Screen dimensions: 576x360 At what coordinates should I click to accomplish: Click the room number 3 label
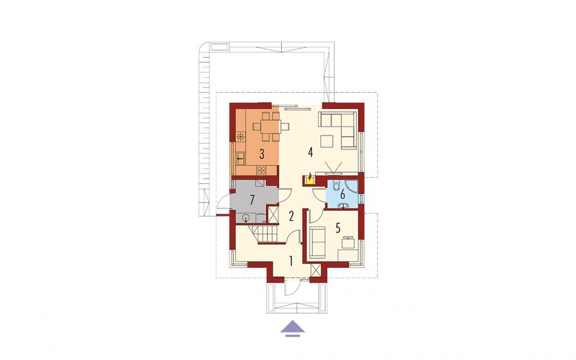[262, 154]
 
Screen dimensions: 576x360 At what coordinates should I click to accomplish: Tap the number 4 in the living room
[311, 152]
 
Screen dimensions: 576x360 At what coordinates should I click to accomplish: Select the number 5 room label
[338, 228]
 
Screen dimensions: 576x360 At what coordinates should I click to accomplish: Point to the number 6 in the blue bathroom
[343, 194]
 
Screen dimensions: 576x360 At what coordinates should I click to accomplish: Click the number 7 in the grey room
[252, 201]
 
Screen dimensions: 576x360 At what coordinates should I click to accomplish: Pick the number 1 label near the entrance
[290, 261]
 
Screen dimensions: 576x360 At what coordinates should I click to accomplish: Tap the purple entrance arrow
[293, 328]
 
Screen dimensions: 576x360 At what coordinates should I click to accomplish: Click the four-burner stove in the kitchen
[262, 170]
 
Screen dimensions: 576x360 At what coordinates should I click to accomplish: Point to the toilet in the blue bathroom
[335, 187]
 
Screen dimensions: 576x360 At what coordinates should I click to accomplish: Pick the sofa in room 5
[317, 242]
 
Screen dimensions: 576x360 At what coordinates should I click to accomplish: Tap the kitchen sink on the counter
[240, 158]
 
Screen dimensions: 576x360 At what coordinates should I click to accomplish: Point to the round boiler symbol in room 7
[246, 218]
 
